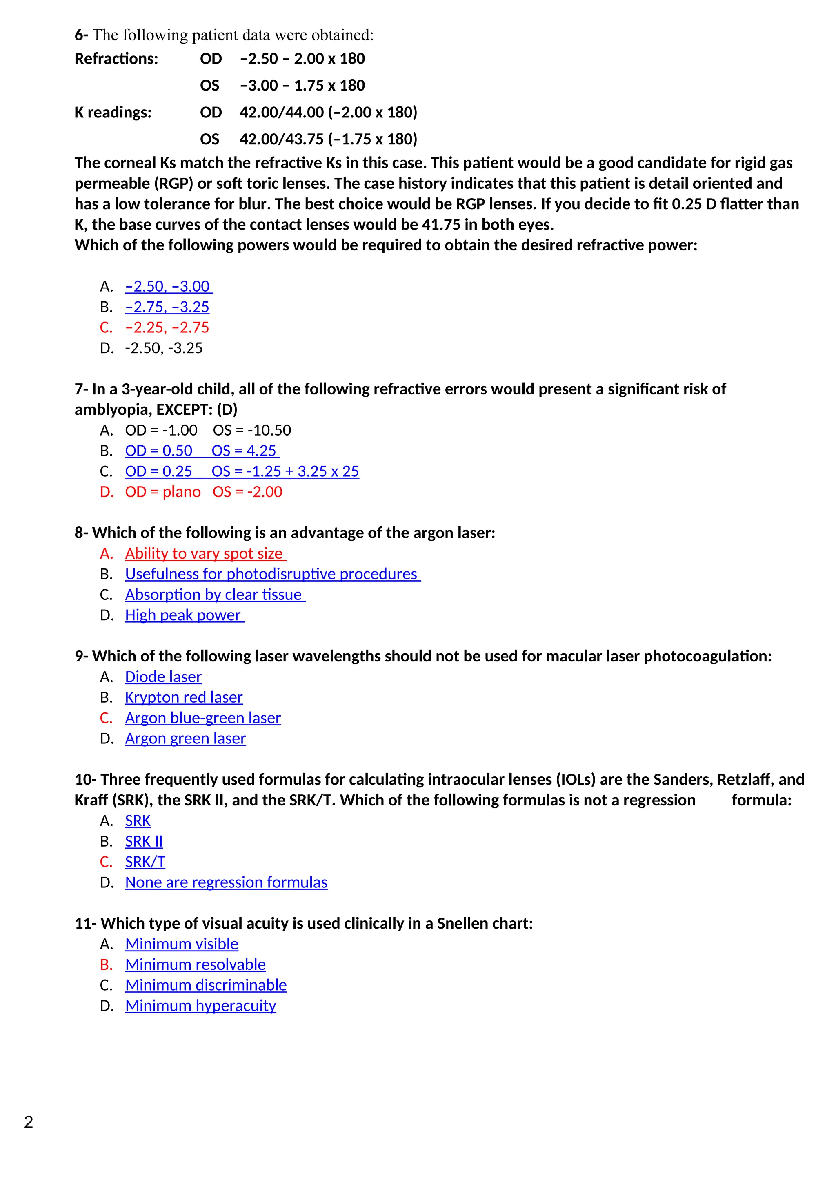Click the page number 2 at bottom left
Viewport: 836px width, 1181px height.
pyautogui.click(x=29, y=1122)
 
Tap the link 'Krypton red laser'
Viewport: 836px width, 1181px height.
pyautogui.click(x=183, y=697)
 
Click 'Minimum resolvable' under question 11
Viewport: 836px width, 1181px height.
pyautogui.click(x=195, y=964)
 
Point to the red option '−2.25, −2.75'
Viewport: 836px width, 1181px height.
pyautogui.click(x=167, y=327)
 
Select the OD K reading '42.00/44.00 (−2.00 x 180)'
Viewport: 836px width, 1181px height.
pyautogui.click(x=328, y=113)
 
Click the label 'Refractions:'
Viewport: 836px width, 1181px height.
pyautogui.click(x=116, y=59)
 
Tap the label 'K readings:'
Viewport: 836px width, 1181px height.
pyautogui.click(x=113, y=113)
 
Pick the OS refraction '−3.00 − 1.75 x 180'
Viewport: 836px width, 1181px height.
pyautogui.click(x=302, y=86)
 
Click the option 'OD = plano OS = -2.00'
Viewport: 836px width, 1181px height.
pyautogui.click(x=203, y=492)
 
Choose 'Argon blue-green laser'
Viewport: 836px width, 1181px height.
pyautogui.click(x=203, y=718)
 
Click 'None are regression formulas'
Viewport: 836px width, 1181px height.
pyautogui.click(x=226, y=882)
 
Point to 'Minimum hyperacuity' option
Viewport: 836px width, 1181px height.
pyautogui.click(x=200, y=1006)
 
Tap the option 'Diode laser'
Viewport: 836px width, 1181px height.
pyautogui.click(x=163, y=677)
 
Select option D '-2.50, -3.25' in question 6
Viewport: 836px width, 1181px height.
pyautogui.click(x=164, y=348)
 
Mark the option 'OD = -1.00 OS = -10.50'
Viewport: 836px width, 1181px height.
pyautogui.click(x=207, y=431)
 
